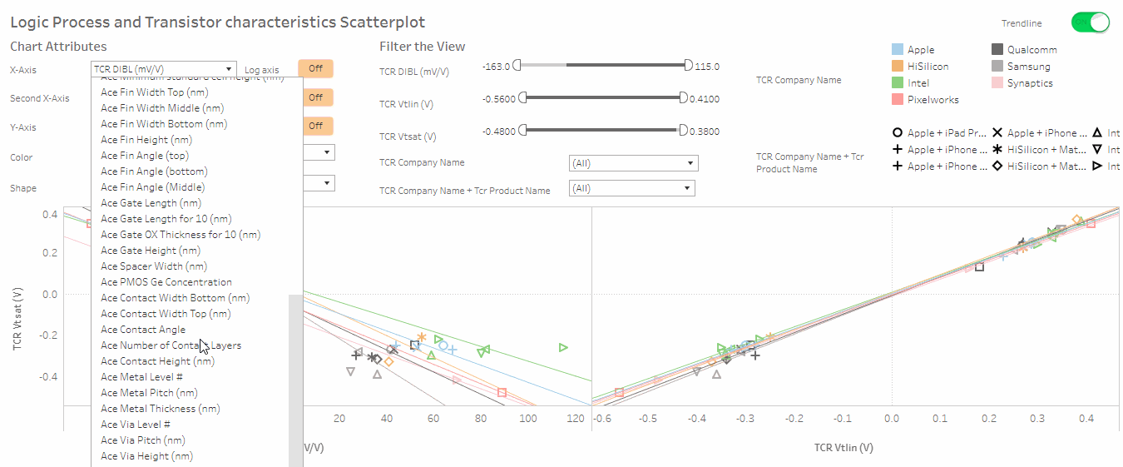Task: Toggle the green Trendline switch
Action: (1091, 22)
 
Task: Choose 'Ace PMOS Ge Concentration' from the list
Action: (166, 282)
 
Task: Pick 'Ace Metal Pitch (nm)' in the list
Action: (149, 393)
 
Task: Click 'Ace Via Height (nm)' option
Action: (146, 456)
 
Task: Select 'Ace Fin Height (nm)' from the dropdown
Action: (146, 140)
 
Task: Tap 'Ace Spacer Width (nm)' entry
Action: (154, 266)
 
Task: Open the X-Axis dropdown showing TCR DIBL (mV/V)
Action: (163, 69)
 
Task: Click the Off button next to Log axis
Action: (315, 69)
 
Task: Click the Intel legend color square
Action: (898, 83)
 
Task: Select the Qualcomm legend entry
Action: (1031, 50)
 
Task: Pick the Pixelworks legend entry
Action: (933, 100)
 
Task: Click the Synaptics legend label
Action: (1030, 83)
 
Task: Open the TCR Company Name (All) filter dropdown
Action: (633, 163)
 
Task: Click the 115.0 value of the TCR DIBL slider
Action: (706, 67)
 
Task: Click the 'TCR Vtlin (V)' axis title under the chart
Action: (843, 448)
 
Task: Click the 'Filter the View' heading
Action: (423, 47)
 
